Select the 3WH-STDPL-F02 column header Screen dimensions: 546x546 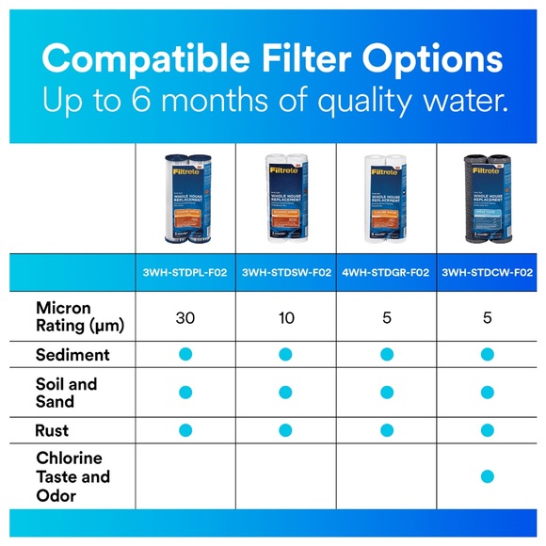185,273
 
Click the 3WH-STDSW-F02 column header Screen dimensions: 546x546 286,273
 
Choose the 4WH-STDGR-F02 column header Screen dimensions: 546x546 386,273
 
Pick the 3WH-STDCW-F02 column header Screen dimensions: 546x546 487,273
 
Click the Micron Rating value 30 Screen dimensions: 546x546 185,317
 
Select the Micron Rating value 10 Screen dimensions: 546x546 286,317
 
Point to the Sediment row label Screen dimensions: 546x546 72,355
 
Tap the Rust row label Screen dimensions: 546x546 52,430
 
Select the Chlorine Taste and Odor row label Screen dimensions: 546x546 72,476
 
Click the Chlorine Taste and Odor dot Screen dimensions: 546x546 487,476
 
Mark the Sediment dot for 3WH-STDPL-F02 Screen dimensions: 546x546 185,355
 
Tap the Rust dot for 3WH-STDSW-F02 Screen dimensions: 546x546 286,430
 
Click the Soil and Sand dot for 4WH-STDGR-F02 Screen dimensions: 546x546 386,393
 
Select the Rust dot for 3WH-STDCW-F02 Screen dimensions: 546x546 487,430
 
